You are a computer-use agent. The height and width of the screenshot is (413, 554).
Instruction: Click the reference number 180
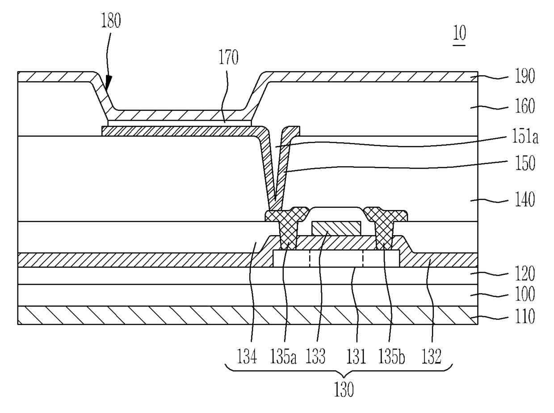[x=111, y=21]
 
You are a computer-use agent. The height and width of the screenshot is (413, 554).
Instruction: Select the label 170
[x=228, y=57]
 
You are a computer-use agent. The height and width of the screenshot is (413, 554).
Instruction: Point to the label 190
[x=525, y=76]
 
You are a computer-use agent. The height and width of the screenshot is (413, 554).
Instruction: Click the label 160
[x=525, y=106]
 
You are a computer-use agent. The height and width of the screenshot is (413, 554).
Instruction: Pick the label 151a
[x=525, y=136]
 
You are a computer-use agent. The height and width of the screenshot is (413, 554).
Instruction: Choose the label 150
[x=525, y=163]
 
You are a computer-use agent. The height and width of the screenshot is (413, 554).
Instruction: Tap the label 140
[x=525, y=199]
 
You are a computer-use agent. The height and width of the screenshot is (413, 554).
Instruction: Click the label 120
[x=525, y=274]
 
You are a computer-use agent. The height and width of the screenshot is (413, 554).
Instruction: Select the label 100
[x=525, y=294]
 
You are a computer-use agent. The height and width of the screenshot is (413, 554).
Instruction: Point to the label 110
[x=525, y=316]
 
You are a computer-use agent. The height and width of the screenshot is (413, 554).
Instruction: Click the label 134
[x=247, y=357]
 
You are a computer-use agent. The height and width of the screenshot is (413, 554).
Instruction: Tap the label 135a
[x=283, y=357]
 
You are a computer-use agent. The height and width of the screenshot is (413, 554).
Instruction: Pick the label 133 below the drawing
[x=315, y=357]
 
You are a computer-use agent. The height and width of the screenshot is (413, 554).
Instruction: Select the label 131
[x=356, y=357]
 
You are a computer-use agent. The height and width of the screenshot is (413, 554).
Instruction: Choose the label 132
[x=432, y=357]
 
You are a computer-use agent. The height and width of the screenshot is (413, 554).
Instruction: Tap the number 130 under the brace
[x=344, y=390]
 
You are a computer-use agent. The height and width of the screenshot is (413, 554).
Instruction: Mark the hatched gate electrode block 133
[x=336, y=228]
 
